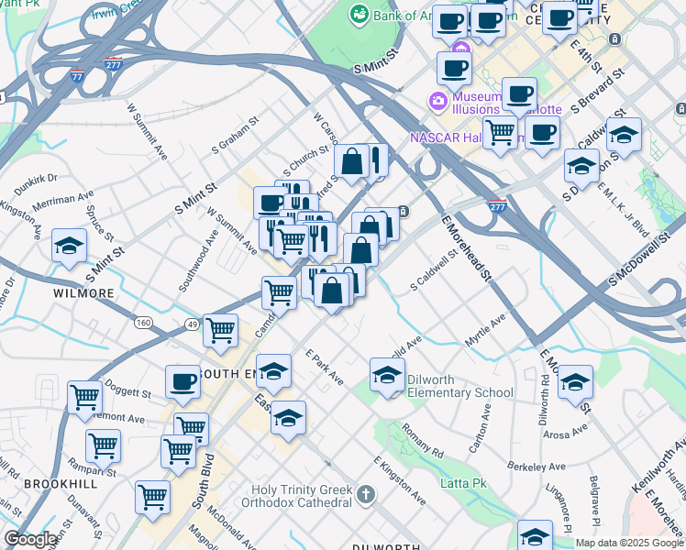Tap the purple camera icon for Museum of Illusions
pos(439,100)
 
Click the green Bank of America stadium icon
pos(359,15)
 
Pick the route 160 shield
pos(144,323)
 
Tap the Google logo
pos(30,540)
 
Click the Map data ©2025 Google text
pos(628,543)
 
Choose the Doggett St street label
pos(128,391)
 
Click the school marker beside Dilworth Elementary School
pos(387,374)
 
